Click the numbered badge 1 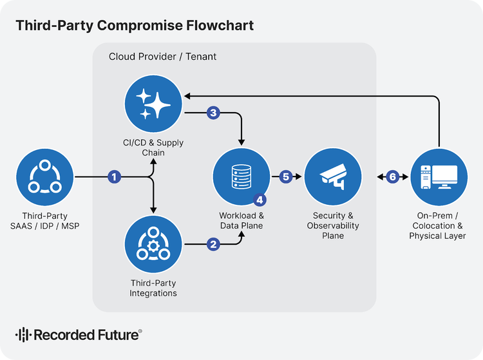(x=115, y=176)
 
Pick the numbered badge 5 (x=287, y=176)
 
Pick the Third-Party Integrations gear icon (x=153, y=245)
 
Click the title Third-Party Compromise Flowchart (x=135, y=26)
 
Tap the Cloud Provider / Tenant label (x=162, y=57)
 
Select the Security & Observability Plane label (x=333, y=225)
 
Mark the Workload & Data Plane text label (x=241, y=220)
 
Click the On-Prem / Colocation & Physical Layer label (x=437, y=225)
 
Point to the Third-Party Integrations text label (x=153, y=288)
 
